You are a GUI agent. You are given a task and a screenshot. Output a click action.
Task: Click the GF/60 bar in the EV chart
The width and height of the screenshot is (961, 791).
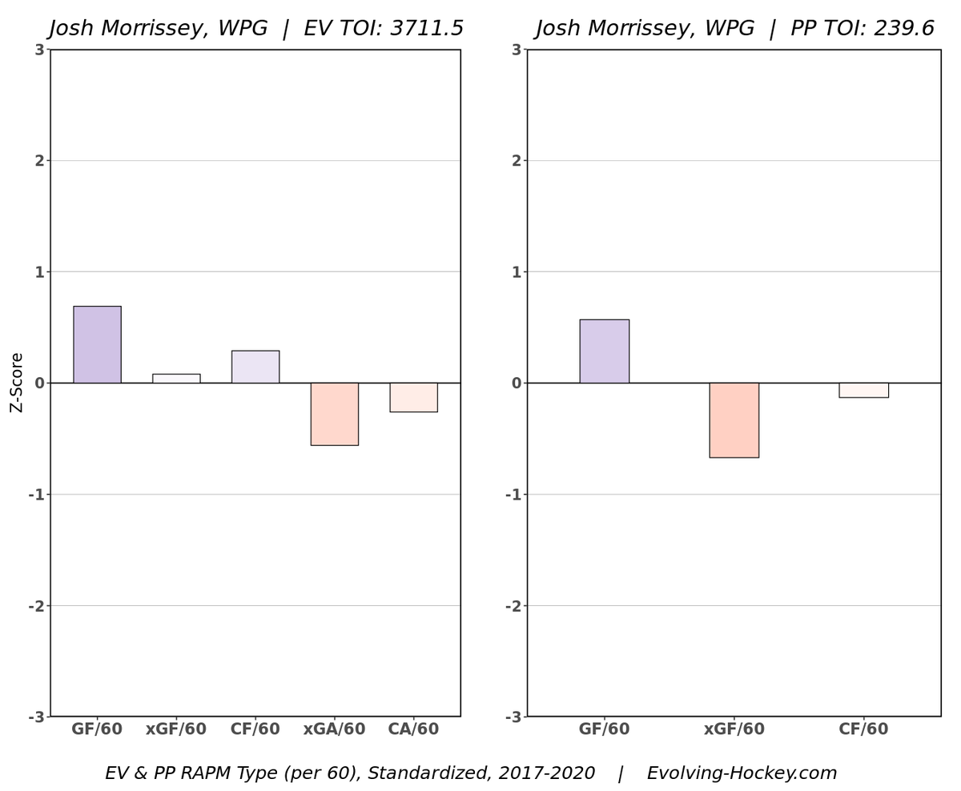[97, 344]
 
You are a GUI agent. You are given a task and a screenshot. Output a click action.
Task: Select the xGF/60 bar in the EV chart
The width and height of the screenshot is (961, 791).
[176, 379]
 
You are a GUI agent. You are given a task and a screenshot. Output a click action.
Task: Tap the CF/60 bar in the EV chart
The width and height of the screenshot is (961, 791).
[255, 367]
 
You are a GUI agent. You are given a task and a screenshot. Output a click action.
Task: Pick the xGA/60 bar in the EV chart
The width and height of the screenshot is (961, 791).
[334, 414]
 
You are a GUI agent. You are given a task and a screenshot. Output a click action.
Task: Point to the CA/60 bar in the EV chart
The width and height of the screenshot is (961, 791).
[413, 397]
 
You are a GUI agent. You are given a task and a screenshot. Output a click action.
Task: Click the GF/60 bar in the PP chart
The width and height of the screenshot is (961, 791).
[604, 351]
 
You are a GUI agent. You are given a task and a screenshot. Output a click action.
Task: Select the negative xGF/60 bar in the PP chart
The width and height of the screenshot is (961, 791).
[734, 420]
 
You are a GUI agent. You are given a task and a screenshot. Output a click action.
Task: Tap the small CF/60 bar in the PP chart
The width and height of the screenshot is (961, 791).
[863, 390]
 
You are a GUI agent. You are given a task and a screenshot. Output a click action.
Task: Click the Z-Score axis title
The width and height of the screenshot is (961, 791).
[17, 382]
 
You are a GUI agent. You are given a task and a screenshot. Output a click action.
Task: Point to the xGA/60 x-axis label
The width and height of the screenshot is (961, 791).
[334, 729]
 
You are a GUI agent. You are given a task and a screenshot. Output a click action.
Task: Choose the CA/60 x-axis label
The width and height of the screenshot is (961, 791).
[413, 729]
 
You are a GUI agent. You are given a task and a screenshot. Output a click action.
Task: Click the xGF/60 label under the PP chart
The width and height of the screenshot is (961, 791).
[734, 729]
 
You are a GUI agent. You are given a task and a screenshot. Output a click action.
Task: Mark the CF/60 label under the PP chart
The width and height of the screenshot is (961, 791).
[863, 729]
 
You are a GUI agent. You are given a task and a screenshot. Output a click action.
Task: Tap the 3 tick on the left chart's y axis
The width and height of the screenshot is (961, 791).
[39, 50]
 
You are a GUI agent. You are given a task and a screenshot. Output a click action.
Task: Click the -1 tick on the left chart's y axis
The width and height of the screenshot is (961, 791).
[35, 495]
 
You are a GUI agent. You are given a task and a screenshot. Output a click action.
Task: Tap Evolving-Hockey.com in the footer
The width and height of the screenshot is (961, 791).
[742, 773]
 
